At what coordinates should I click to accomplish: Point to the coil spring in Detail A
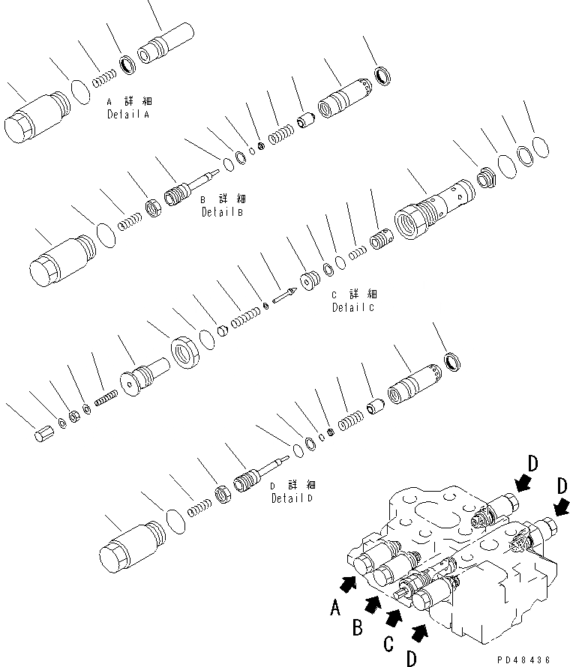[103, 76]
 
